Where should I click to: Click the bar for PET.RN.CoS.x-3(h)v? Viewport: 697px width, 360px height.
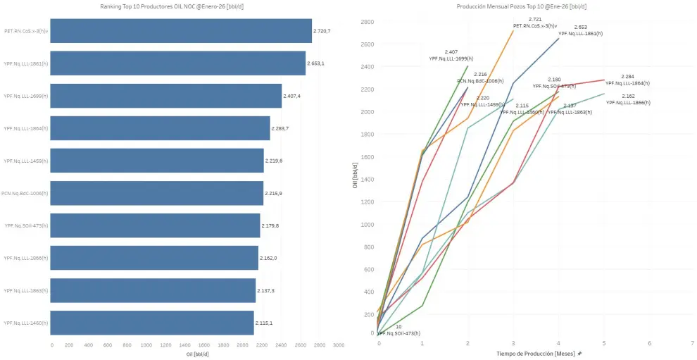pos(181,31)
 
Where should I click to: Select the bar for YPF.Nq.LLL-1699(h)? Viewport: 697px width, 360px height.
pos(166,96)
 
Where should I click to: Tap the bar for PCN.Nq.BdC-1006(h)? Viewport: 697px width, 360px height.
pos(157,193)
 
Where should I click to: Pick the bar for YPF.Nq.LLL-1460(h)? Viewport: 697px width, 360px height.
pos(152,323)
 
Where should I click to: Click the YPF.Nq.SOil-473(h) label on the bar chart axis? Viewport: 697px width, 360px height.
pos(26,225)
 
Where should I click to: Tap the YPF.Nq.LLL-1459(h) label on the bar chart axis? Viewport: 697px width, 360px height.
pos(26,161)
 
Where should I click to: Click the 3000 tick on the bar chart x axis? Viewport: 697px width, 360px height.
pos(338,345)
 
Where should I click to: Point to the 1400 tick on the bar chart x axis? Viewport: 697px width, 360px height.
pos(185,345)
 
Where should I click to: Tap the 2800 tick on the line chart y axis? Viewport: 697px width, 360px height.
pos(367,22)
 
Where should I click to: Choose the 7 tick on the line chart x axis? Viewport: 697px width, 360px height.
pos(693,343)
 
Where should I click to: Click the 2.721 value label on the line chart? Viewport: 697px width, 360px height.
pos(535,20)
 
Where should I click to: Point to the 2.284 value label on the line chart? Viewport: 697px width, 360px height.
pos(628,76)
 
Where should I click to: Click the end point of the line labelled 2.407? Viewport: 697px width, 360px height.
pos(467,66)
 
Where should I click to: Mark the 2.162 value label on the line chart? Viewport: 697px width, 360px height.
pos(628,96)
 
